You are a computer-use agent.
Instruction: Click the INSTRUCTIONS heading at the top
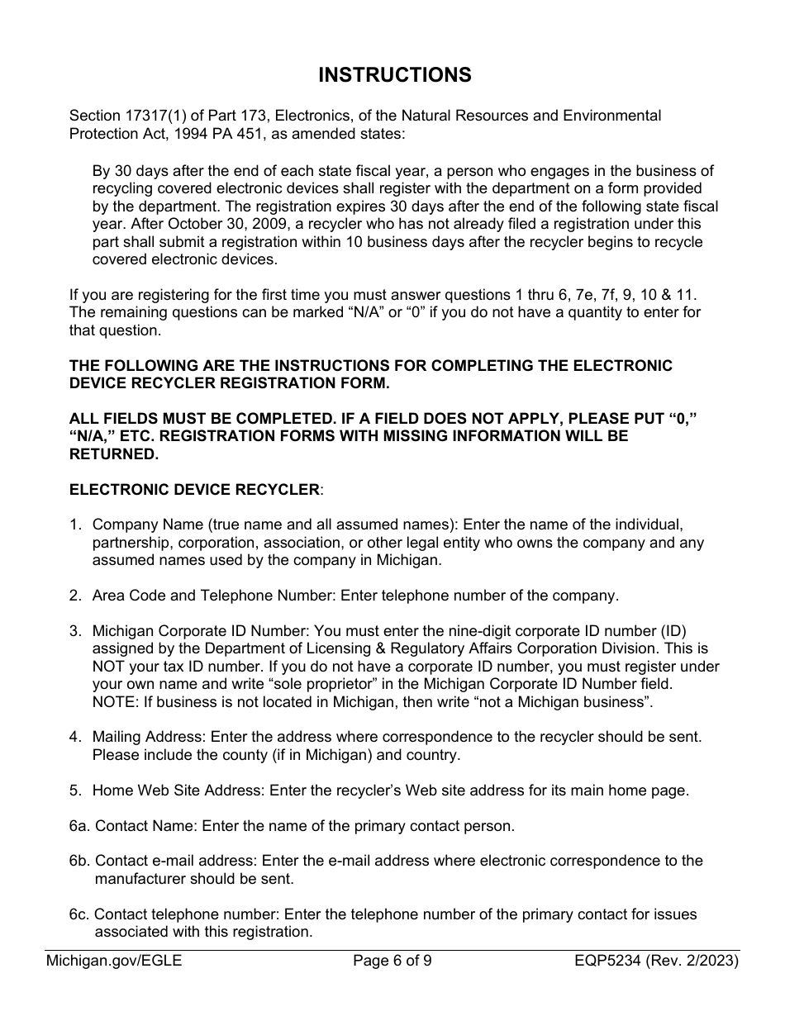point(394,75)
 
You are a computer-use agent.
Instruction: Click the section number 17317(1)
point(150,116)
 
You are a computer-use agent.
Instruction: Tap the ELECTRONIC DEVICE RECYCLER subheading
point(194,490)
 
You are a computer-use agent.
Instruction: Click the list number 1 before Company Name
point(74,525)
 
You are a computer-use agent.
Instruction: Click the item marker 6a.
point(79,825)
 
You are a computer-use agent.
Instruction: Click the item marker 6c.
point(79,914)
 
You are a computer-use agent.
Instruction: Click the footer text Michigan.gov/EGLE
point(114,961)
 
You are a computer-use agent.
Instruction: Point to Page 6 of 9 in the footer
point(392,961)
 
